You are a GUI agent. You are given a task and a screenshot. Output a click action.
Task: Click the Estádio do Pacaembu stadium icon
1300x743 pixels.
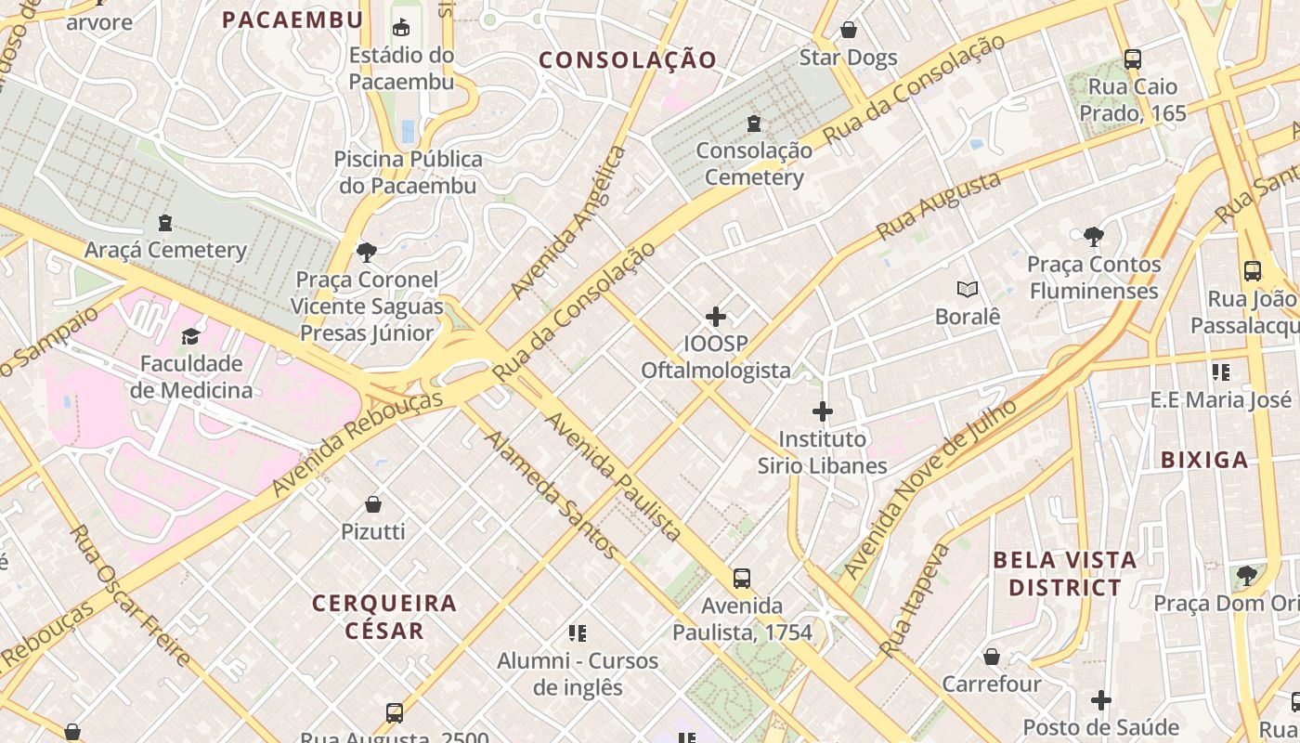point(401,27)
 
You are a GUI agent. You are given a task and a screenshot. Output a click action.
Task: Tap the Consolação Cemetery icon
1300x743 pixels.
point(753,123)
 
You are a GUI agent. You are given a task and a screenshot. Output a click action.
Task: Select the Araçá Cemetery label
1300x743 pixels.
point(165,250)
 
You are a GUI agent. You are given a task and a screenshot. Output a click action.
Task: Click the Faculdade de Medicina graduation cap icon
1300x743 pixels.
point(191,336)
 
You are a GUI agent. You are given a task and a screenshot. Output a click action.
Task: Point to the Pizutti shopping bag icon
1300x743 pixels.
point(373,504)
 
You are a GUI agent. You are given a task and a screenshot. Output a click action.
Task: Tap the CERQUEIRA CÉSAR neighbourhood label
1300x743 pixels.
point(383,617)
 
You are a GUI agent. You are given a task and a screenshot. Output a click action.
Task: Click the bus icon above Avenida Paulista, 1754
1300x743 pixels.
point(741,579)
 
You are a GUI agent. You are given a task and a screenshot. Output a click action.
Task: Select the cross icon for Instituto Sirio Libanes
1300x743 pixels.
point(822,411)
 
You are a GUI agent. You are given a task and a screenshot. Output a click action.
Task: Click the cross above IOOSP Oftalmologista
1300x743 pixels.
point(715,317)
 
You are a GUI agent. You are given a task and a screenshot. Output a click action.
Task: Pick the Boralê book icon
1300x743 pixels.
point(968,290)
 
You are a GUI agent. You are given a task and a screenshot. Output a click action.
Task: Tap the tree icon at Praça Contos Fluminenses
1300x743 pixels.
point(1093,237)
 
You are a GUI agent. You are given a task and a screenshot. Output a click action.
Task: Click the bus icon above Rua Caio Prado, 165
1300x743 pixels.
point(1132,59)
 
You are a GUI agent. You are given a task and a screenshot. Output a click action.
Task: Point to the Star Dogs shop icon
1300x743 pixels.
point(848,31)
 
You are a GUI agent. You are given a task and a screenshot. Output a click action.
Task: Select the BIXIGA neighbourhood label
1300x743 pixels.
point(1204,460)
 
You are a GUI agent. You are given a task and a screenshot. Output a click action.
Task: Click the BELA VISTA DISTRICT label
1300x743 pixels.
point(1064,574)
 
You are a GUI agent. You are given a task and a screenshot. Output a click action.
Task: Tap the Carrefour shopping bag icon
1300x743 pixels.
point(992,657)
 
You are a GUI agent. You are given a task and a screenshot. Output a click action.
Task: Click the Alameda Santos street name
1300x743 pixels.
point(551,495)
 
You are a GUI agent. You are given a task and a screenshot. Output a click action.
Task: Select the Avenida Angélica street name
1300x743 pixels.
point(568,223)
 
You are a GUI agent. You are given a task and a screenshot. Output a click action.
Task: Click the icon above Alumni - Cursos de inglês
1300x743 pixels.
point(578,633)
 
